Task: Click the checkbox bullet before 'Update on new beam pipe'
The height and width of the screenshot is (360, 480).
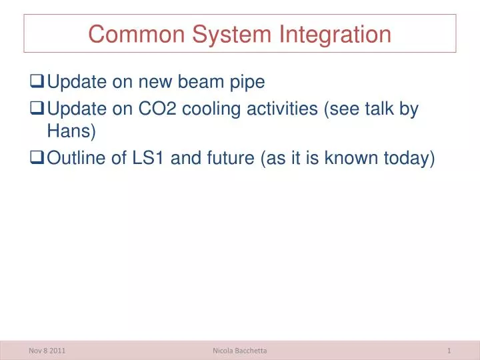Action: (x=38, y=83)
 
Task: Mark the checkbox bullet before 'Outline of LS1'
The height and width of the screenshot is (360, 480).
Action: (x=38, y=157)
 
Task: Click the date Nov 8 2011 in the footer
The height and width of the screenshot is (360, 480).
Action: (x=48, y=351)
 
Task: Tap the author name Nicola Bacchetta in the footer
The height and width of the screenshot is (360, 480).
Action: (x=239, y=351)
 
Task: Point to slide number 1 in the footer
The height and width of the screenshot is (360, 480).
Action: (x=450, y=351)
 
